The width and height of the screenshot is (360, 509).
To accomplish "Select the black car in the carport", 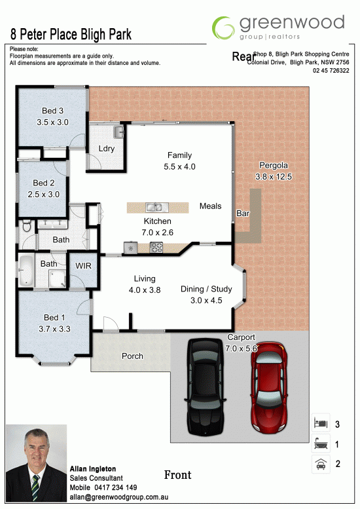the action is (206, 386).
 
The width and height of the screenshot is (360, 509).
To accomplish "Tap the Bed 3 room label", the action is (52, 111).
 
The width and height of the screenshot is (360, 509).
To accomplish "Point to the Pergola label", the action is (274, 165).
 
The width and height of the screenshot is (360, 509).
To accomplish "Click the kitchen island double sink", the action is (157, 207).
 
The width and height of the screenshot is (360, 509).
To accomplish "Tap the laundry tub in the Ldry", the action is (118, 132).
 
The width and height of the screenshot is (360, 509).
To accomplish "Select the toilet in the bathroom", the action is (27, 225).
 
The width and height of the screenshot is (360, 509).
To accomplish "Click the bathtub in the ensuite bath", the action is (26, 271).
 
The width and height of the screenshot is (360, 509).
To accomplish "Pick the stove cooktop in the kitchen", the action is (156, 248).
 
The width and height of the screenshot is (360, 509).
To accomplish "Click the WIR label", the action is (83, 266).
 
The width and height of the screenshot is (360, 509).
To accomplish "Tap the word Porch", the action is (132, 356).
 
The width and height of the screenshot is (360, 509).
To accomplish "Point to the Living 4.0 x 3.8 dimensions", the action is (145, 290).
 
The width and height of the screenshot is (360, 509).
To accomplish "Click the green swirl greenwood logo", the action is (223, 28).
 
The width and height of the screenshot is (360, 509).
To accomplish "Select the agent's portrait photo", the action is (36, 463).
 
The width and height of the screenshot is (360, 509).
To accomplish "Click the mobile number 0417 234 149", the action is (116, 487).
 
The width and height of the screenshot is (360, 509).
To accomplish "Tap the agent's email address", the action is (118, 497).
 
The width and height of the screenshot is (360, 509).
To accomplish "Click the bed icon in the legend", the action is (321, 423).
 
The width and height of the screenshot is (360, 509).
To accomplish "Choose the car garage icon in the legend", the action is (321, 464).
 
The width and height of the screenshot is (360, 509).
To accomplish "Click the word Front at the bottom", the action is (178, 475).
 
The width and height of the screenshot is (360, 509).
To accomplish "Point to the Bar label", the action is (243, 214).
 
